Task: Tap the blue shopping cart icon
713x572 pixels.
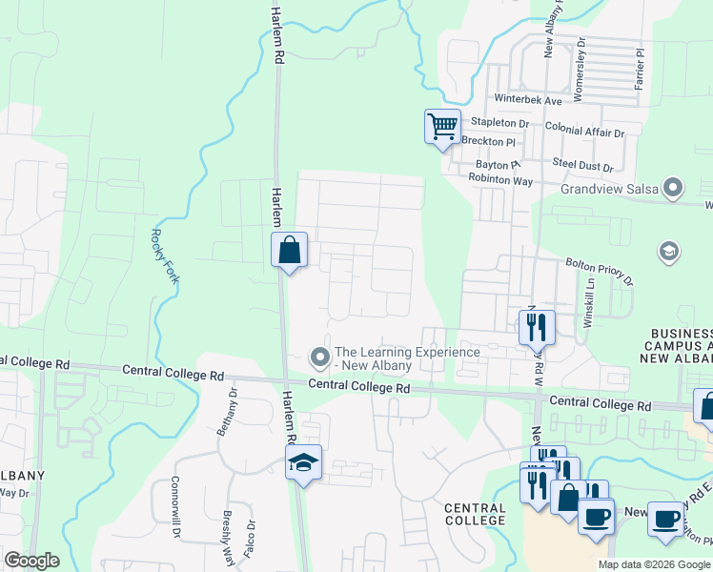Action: (x=442, y=126)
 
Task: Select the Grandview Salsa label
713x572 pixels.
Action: (x=610, y=189)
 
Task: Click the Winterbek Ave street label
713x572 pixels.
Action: (x=528, y=99)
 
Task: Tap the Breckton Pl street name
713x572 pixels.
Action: (x=488, y=141)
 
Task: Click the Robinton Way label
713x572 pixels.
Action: (x=503, y=179)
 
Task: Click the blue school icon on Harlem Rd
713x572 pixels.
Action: (x=304, y=463)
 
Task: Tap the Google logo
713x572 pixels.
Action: (x=31, y=561)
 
